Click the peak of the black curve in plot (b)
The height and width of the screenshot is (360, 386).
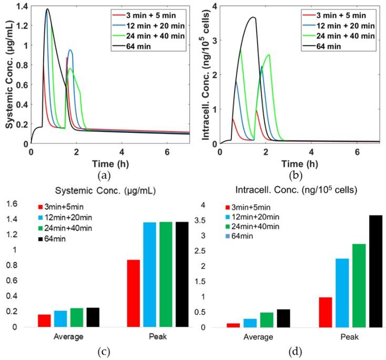(253, 17)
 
